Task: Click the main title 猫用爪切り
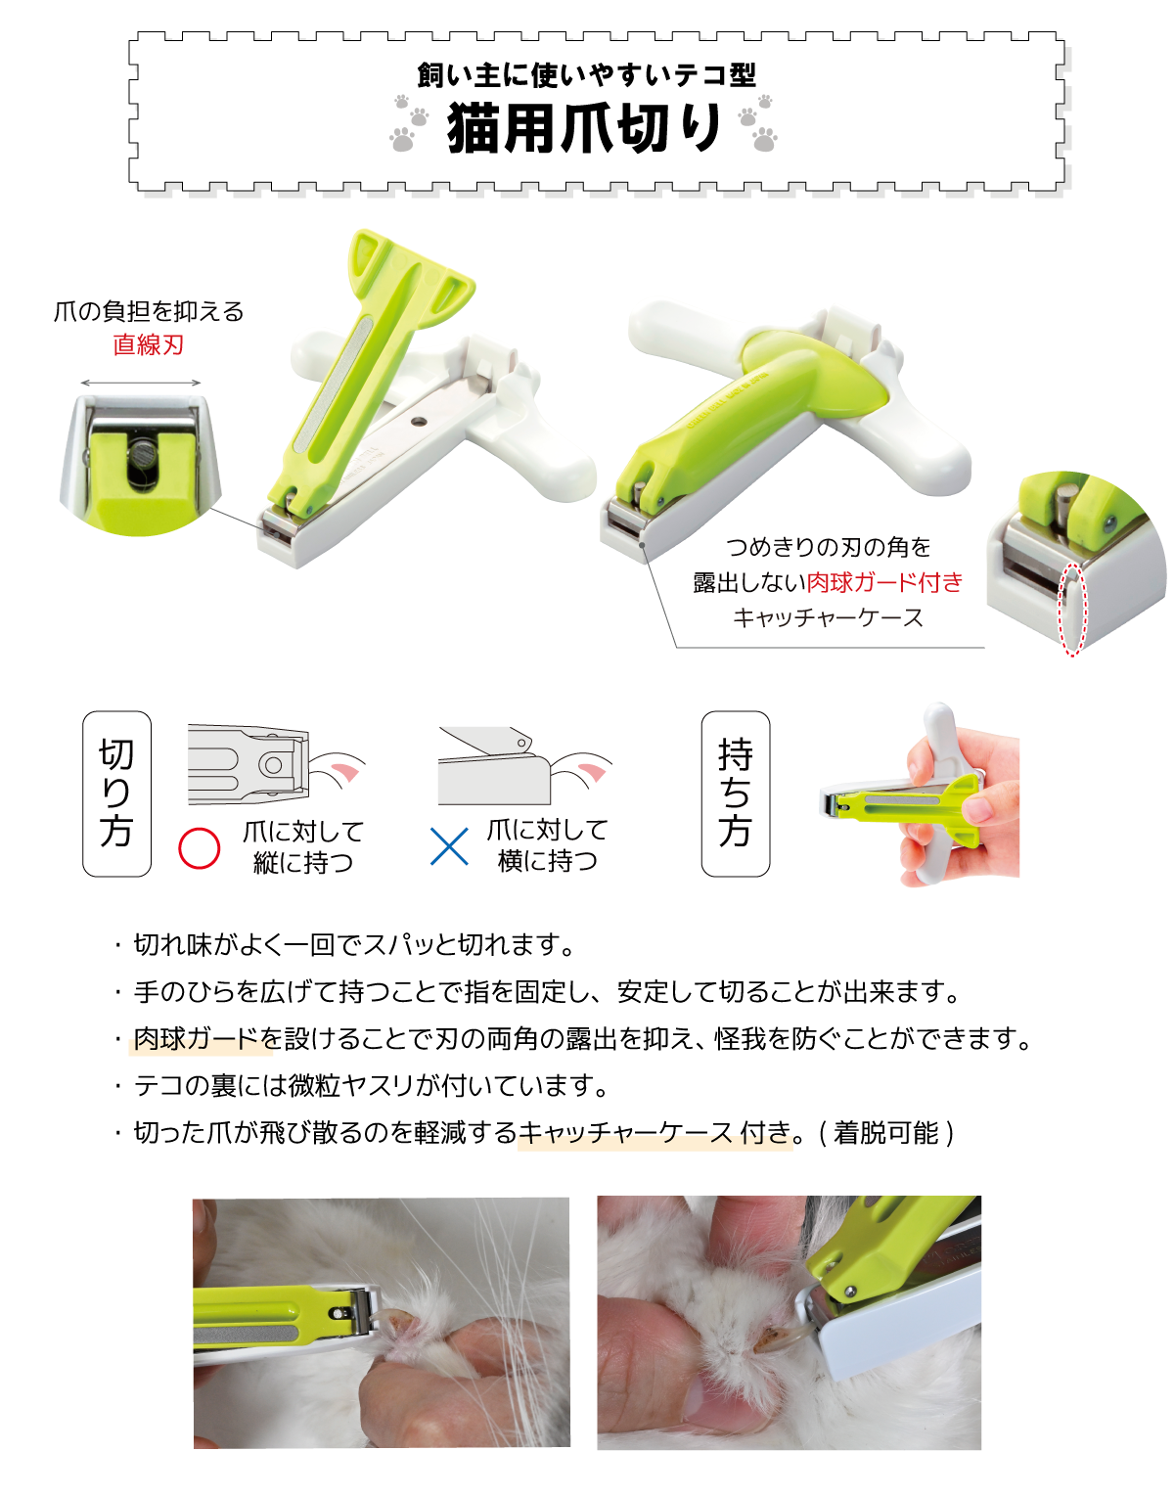[584, 129]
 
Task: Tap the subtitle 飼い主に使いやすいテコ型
[586, 75]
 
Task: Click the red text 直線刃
[148, 344]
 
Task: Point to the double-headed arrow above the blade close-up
[141, 383]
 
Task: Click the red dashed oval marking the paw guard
[1072, 609]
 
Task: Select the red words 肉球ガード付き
[884, 582]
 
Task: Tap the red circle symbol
[199, 848]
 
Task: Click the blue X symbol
[449, 846]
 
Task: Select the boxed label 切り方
[116, 794]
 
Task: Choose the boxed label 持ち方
[735, 794]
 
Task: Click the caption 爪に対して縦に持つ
[303, 846]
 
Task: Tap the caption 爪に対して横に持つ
[548, 845]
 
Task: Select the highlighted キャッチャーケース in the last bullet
[626, 1132]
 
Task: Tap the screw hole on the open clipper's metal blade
[419, 422]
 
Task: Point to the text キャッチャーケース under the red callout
[828, 617]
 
